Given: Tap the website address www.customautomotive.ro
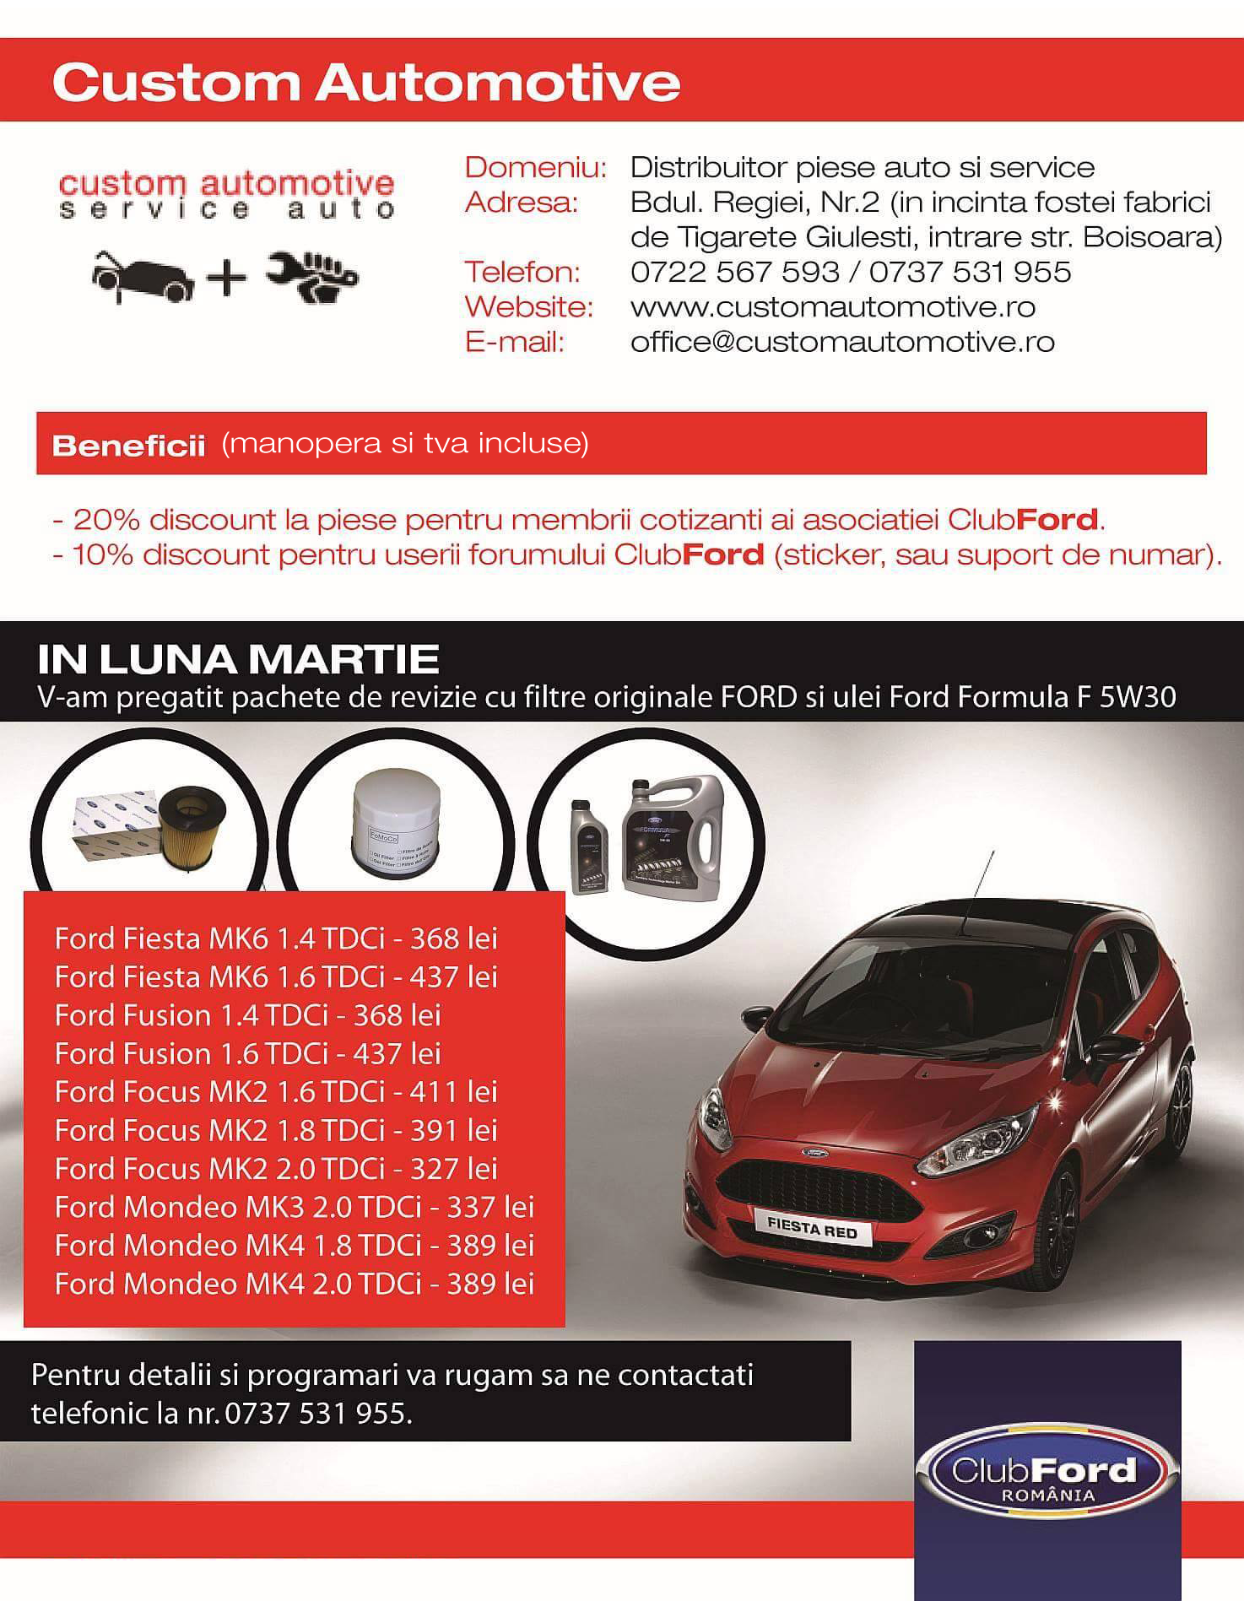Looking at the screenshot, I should [832, 307].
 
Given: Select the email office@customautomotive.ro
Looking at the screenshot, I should [842, 342].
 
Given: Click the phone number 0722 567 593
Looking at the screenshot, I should [735, 272].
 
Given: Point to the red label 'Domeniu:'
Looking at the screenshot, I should [535, 167].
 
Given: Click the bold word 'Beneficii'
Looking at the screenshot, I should [128, 446].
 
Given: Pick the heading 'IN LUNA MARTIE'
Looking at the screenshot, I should [238, 659].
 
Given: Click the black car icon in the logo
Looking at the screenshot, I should [143, 276].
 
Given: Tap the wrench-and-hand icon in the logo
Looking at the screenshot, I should [313, 275].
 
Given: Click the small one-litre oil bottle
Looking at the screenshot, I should [589, 846].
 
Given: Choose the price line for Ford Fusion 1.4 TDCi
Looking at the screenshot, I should [247, 1015].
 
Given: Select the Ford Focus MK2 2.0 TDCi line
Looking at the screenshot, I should [276, 1169].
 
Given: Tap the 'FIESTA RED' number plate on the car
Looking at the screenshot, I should [812, 1228].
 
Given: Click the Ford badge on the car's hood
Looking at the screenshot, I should [814, 1153].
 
